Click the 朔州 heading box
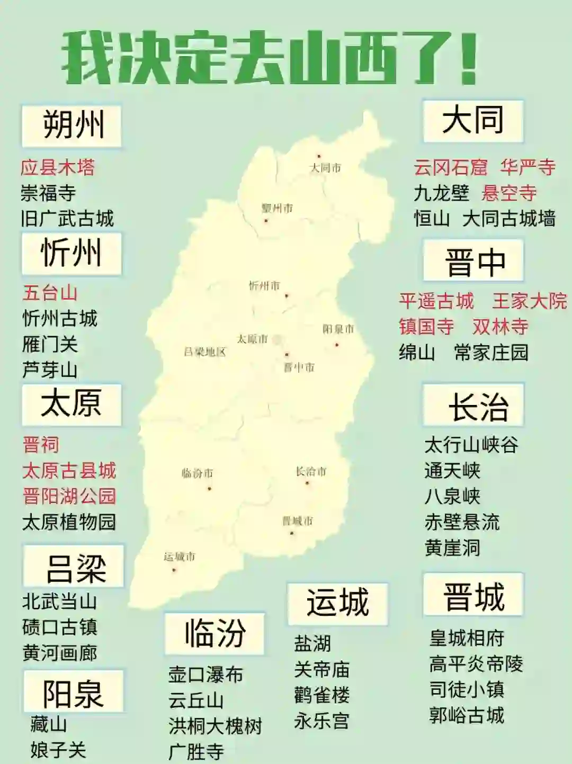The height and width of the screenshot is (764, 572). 71,125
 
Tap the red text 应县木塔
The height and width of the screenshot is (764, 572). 58,167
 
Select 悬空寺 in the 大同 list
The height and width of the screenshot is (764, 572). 509,193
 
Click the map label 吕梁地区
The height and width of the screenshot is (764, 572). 205,352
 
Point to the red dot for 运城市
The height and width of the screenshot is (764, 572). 174,570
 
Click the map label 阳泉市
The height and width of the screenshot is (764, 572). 338,329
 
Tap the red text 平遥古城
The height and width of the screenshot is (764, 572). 436,301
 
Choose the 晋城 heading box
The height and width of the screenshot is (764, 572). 473,595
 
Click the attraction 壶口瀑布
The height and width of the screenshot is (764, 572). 205,675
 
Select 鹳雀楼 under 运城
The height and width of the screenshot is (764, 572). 321,695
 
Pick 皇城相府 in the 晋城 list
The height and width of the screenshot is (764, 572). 467,638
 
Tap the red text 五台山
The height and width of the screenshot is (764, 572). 50,293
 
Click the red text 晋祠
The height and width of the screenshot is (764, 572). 41,445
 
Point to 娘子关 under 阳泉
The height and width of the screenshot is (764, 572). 58,750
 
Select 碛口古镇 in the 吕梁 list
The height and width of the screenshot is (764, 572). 60,627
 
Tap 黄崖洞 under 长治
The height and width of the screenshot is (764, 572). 452,547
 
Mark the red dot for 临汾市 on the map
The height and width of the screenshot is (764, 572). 209,488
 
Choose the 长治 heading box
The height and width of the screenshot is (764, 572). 473,406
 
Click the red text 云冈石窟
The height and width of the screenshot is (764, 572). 450,167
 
